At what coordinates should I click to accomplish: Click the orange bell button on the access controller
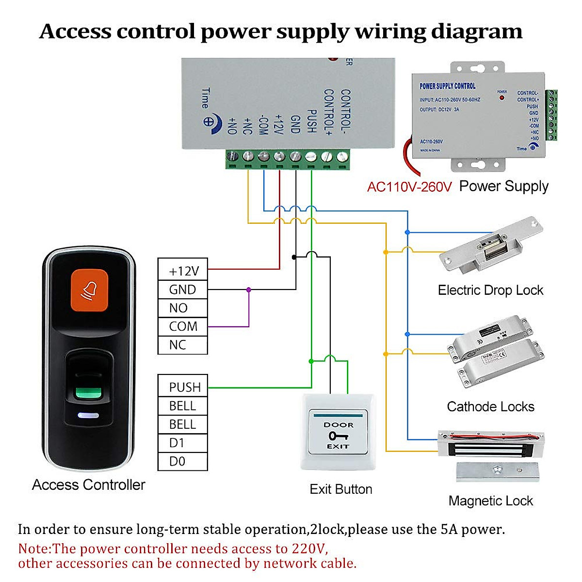click(x=89, y=290)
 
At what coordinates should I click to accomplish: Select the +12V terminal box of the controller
click(x=183, y=271)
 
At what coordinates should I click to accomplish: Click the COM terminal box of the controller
click(x=183, y=326)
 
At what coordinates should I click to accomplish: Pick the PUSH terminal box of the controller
click(x=183, y=387)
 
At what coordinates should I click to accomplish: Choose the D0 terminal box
click(x=183, y=461)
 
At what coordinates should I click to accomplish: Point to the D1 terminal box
click(x=183, y=443)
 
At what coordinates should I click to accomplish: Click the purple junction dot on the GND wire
click(x=249, y=290)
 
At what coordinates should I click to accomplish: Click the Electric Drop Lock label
click(x=490, y=290)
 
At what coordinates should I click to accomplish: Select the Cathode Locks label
click(x=490, y=406)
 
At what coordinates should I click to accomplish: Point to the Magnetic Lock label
click(x=490, y=501)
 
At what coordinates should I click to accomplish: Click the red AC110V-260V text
click(x=409, y=187)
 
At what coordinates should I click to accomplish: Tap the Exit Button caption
click(x=341, y=489)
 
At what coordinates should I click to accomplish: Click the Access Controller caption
click(x=89, y=485)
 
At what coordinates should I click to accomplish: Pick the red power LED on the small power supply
click(x=502, y=97)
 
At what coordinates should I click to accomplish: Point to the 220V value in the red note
click(x=309, y=549)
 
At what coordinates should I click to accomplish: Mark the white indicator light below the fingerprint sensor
click(x=88, y=416)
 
